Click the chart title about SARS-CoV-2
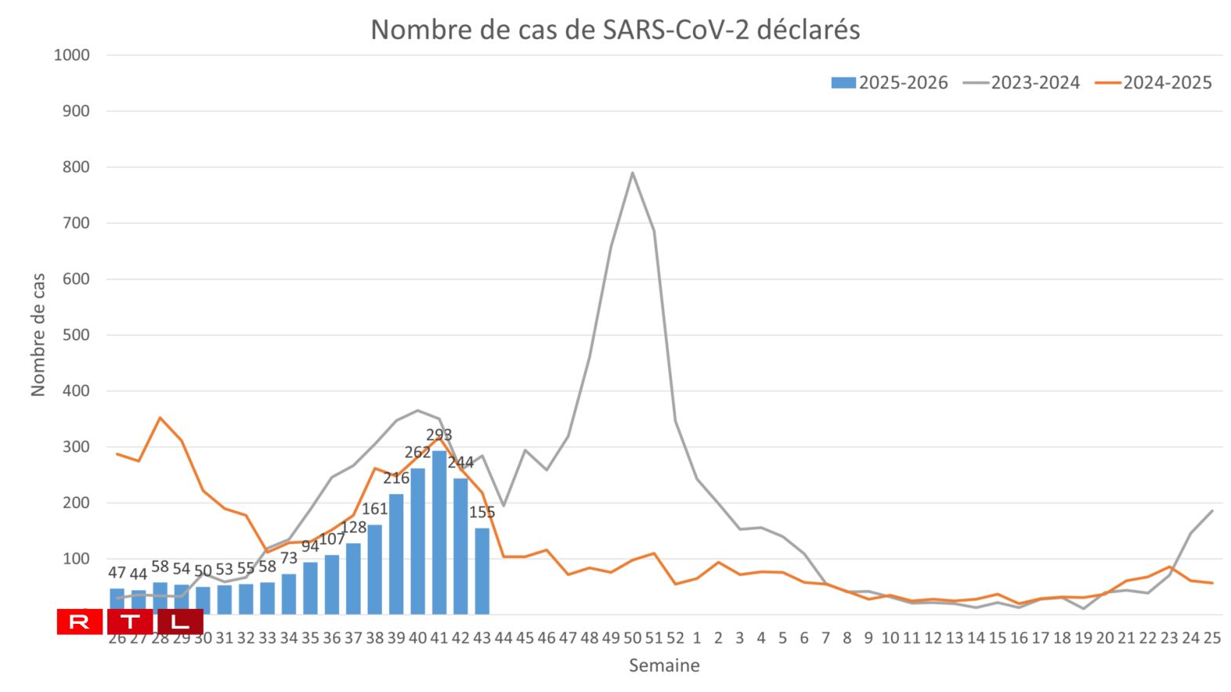pyautogui.click(x=615, y=30)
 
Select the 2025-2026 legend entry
pyautogui.click(x=890, y=83)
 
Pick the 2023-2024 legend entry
pyautogui.click(x=1022, y=83)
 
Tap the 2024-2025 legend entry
pyautogui.click(x=1154, y=83)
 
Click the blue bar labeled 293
pyautogui.click(x=439, y=532)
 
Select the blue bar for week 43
pyautogui.click(x=482, y=571)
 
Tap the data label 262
pyautogui.click(x=417, y=452)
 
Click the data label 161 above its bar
pyautogui.click(x=374, y=509)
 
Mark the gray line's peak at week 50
pyautogui.click(x=632, y=173)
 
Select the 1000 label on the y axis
pyautogui.click(x=72, y=56)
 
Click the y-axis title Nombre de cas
pyautogui.click(x=38, y=335)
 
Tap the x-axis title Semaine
pyautogui.click(x=664, y=666)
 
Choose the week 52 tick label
pyautogui.click(x=675, y=638)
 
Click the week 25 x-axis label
pyautogui.click(x=1211, y=638)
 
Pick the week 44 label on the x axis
pyautogui.click(x=504, y=638)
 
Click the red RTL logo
pyautogui.click(x=130, y=622)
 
